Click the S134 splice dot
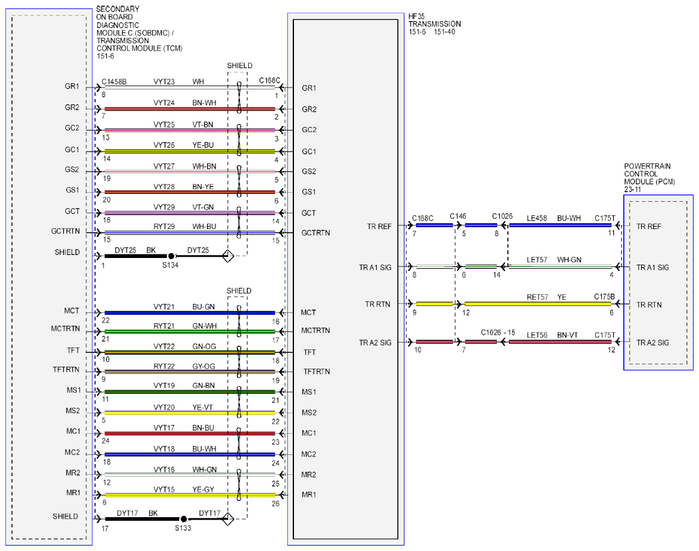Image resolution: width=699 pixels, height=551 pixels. (171, 256)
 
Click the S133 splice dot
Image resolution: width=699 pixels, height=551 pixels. (184, 519)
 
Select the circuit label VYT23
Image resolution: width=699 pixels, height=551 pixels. (164, 82)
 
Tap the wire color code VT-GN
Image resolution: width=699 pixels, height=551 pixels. (203, 207)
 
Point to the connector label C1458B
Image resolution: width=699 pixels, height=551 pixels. (114, 82)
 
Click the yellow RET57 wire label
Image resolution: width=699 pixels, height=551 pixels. (537, 297)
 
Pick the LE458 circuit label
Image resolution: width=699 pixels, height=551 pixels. (537, 218)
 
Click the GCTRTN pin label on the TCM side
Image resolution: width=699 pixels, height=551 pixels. (66, 231)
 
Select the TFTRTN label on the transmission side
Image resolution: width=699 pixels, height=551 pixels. (316, 372)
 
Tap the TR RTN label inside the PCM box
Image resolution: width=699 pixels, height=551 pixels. (649, 304)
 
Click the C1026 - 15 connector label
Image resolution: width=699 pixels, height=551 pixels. (498, 333)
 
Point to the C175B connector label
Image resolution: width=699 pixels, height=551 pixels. (604, 297)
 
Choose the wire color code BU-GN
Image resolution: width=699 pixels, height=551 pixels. (203, 307)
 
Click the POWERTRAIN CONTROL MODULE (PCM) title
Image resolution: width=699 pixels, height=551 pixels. (649, 174)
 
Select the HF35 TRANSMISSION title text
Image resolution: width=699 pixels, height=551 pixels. (435, 20)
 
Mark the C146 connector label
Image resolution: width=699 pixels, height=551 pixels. (458, 216)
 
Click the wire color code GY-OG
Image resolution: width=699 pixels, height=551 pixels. (203, 366)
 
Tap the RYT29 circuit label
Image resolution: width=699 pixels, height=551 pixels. (164, 227)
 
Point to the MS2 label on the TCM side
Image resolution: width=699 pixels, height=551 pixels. (72, 410)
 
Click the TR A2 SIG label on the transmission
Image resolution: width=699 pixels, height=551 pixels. (375, 343)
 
